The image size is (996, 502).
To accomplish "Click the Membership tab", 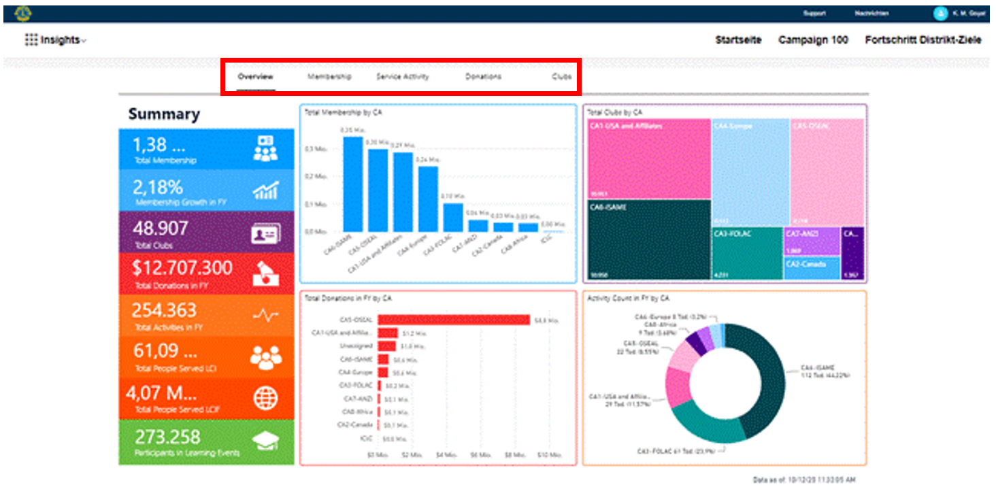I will (x=329, y=77).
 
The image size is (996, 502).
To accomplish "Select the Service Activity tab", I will (x=403, y=77).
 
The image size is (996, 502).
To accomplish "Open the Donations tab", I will (x=483, y=77).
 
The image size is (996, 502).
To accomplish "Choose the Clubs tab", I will (x=561, y=77).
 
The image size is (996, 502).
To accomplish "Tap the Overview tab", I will (x=255, y=77).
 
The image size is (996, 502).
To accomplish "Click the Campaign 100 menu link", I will (x=813, y=40).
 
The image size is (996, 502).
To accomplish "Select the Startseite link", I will (x=738, y=40).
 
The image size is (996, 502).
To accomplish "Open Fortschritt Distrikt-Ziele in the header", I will (x=923, y=40).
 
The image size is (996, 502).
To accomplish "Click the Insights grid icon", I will (x=31, y=40).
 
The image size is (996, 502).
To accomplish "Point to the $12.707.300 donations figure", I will (x=182, y=268).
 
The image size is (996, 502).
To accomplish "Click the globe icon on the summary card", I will (x=265, y=398).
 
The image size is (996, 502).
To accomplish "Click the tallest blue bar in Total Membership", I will (x=352, y=184).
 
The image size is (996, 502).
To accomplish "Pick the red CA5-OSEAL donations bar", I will (x=454, y=320).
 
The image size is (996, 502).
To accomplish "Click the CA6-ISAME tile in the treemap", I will (x=649, y=238).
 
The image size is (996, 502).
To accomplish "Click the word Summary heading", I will (x=164, y=114).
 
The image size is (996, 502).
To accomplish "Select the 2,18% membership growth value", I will (x=157, y=187).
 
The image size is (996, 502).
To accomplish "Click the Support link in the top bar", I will (x=814, y=14).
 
